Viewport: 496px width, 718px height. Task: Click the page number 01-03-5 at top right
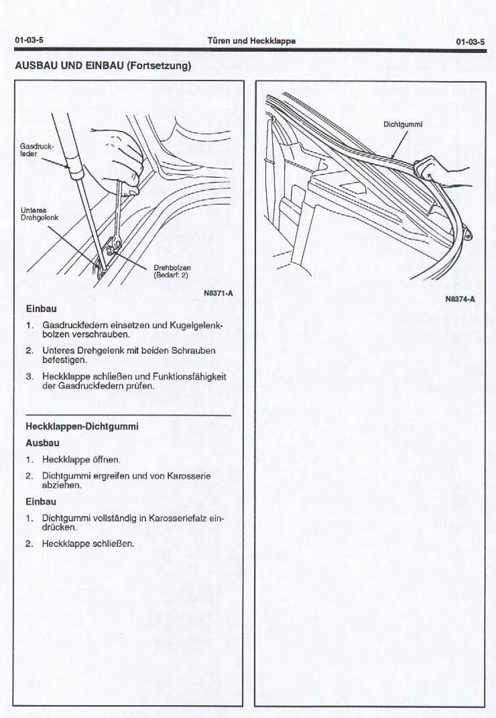click(470, 41)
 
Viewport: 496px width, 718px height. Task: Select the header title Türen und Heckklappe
click(252, 41)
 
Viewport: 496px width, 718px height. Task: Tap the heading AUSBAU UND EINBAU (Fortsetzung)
click(103, 66)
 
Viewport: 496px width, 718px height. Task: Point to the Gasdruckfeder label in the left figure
click(32, 149)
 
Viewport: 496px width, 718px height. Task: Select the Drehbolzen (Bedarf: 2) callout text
click(172, 271)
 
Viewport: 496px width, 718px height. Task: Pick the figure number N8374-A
click(460, 299)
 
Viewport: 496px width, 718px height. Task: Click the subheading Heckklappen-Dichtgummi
click(82, 426)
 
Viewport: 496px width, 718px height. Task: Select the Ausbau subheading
click(42, 443)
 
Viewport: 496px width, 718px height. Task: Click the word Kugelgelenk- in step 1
click(195, 325)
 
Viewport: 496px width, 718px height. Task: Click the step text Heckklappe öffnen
click(81, 460)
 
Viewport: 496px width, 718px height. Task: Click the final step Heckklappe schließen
click(88, 543)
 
